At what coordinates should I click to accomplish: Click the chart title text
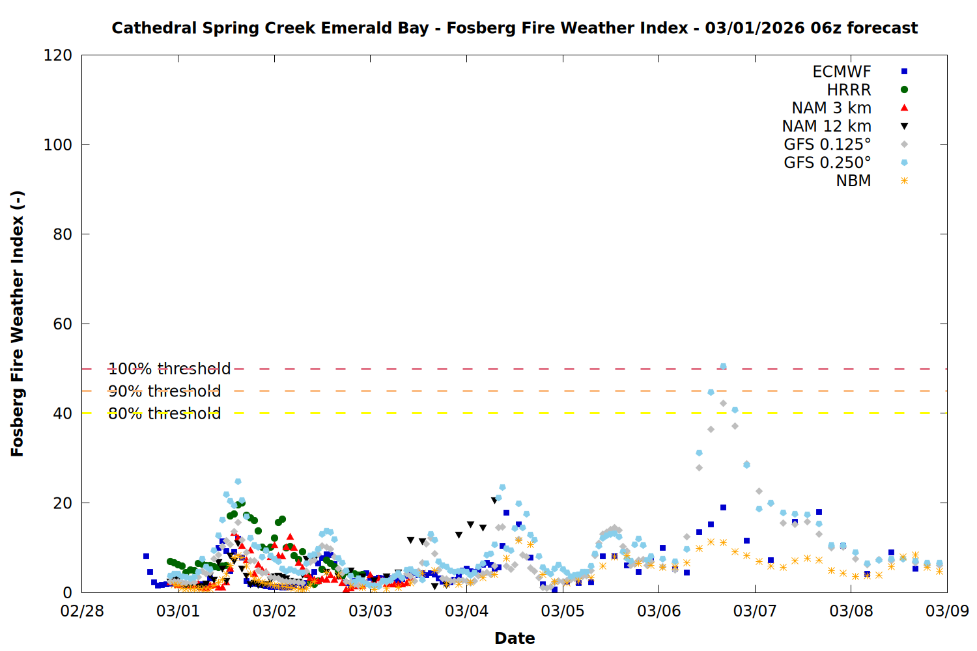point(515,28)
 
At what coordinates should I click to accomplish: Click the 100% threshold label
point(169,369)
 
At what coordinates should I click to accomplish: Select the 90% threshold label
point(164,391)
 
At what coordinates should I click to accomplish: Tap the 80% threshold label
point(164,413)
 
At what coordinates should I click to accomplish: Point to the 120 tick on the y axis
point(58,55)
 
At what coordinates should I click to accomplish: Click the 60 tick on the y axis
point(63,324)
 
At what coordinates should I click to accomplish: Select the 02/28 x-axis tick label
point(82,611)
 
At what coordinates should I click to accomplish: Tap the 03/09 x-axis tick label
point(947,611)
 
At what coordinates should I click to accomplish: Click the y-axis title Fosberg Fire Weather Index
point(17,324)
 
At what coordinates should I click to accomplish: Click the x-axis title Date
point(515,638)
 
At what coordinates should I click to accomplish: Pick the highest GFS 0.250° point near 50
point(723,367)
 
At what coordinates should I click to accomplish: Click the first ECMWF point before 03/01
point(146,557)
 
